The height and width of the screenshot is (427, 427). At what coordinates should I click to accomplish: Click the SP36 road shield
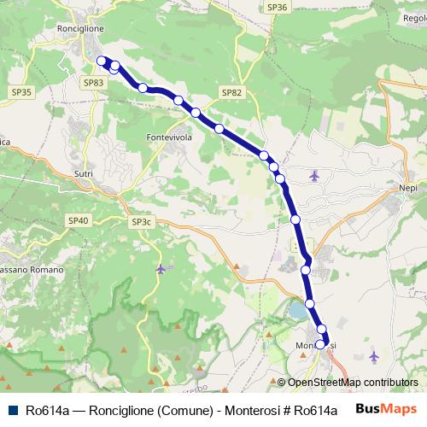(x=278, y=7)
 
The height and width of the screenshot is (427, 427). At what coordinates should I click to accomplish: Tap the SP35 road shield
(x=21, y=91)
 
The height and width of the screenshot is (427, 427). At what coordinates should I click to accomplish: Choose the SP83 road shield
(x=94, y=82)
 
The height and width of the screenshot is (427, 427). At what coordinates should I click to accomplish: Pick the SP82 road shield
(x=231, y=92)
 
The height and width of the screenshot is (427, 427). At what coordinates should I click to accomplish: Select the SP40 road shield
(x=78, y=220)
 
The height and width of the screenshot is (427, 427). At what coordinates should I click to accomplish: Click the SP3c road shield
(x=142, y=222)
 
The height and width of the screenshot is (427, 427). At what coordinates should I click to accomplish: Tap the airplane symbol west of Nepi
(x=315, y=176)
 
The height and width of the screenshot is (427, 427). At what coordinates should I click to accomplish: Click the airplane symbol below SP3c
(x=161, y=269)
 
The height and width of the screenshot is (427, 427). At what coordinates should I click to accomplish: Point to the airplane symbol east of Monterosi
(x=373, y=355)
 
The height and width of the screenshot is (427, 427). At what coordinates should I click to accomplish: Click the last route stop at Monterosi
(x=321, y=345)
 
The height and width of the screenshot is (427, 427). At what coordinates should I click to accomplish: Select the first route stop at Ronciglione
(x=102, y=61)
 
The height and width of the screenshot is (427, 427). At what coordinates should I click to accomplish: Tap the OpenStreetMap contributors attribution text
(x=352, y=383)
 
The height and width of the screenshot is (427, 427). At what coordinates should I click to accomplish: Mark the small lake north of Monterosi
(x=298, y=310)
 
